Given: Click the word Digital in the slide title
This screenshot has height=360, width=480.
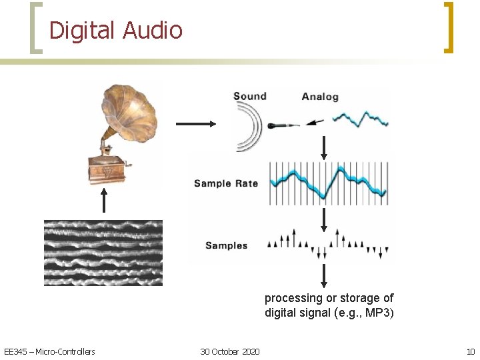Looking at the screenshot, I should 82,30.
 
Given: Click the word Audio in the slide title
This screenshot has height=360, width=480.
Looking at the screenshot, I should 152,30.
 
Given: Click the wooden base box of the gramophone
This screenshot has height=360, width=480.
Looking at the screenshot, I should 107,169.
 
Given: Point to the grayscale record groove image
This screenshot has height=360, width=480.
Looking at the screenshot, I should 103,253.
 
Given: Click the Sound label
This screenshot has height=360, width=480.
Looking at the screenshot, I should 250,96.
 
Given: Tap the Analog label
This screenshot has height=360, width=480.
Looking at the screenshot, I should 320,97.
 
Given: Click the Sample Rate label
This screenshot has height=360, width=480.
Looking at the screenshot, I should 226,183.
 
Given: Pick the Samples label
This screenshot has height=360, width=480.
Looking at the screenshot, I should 226,245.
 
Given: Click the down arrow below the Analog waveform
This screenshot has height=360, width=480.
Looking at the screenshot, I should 324,148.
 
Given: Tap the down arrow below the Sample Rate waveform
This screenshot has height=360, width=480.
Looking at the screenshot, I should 324,218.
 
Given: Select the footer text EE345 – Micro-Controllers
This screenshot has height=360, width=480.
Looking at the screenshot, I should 49,351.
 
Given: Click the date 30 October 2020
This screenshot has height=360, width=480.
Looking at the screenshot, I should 230,351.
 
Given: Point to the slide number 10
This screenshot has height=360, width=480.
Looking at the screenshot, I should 471,351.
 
